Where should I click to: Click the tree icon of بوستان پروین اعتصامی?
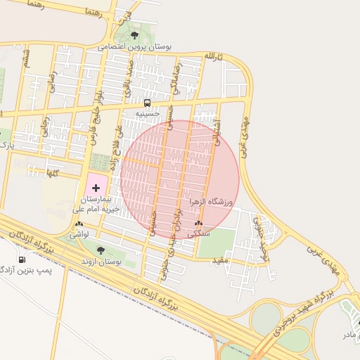click(x=134, y=34)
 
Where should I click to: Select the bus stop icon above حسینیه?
click(x=147, y=102)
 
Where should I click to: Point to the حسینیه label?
click(x=148, y=112)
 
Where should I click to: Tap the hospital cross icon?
click(x=96, y=188)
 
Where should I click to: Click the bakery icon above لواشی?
click(x=78, y=224)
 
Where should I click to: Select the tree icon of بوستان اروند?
click(x=101, y=250)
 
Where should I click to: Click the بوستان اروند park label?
click(x=99, y=262)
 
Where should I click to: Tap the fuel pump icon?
click(x=20, y=259)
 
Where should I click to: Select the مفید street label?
click(x=221, y=261)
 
